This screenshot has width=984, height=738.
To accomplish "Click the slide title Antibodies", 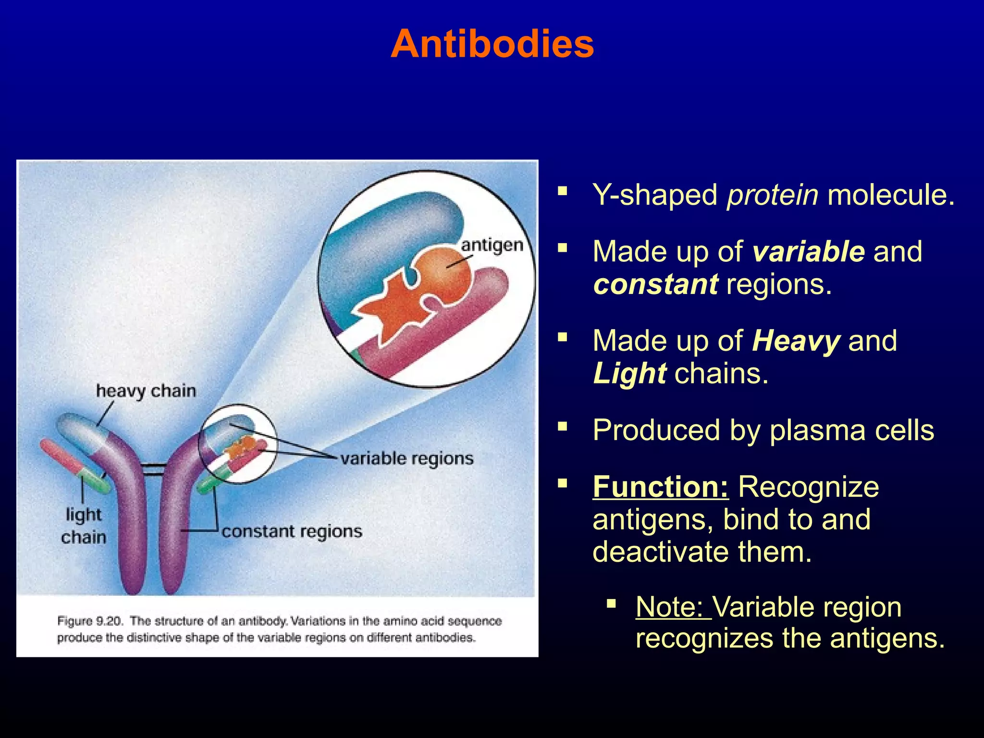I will (492, 44).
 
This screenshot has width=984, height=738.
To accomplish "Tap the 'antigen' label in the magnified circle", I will (492, 246).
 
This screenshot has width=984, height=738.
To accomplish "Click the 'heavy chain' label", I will (146, 391).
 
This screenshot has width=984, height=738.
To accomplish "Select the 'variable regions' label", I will (407, 459).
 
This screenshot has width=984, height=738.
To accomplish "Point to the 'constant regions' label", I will (292, 531).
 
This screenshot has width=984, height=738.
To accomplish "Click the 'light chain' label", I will (84, 526).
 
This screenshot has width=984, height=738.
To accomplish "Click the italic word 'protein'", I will (773, 195).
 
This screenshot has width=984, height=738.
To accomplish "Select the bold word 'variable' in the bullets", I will (809, 252).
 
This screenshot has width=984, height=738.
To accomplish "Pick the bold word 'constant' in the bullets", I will (656, 284).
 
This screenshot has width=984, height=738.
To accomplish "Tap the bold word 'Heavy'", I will (796, 341).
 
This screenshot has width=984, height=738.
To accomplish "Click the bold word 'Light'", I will (629, 374).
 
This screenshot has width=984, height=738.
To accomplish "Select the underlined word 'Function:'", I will (661, 487).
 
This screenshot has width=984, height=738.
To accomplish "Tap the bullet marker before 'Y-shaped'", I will (563, 193).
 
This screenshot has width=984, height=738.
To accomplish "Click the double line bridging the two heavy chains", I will (154, 469).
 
